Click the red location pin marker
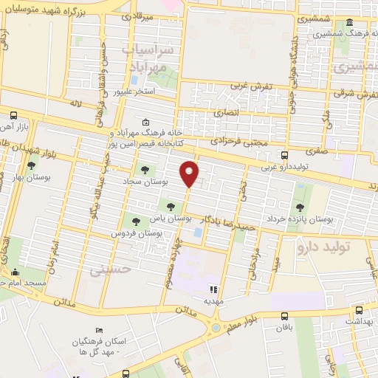point(190,173)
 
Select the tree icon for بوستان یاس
point(171,207)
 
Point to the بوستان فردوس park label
point(137,233)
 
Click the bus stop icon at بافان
point(285,316)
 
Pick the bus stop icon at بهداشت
point(359,311)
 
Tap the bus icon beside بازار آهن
point(14,115)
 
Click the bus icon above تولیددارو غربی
point(285,155)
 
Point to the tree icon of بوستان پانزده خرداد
point(300,207)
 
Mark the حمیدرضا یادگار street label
point(221,225)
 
